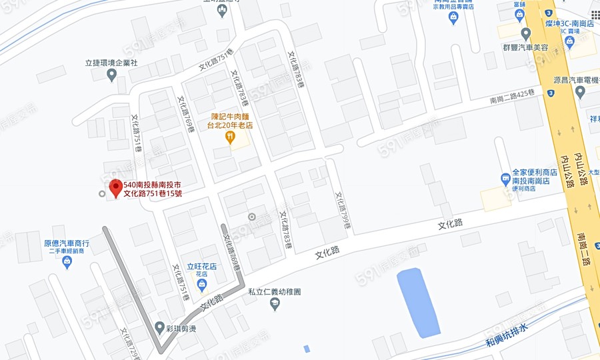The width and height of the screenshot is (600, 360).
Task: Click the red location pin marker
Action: pyautogui.click(x=115, y=187)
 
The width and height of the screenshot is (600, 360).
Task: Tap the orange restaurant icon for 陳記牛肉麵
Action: pyautogui.click(x=230, y=137)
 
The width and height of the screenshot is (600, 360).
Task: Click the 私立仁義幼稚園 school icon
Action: pyautogui.click(x=275, y=304)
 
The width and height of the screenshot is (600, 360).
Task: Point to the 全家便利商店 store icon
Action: pyautogui.click(x=506, y=178)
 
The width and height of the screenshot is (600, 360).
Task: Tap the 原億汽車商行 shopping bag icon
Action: pyautogui.click(x=67, y=262)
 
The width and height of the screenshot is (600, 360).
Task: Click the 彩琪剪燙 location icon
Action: pyautogui.click(x=159, y=327)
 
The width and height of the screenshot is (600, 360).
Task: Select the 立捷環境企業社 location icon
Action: pyautogui.click(x=111, y=75)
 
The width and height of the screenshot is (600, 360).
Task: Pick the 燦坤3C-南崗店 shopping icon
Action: pyautogui.click(x=569, y=41)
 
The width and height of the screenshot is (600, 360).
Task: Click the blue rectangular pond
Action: pyautogui.click(x=418, y=302)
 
